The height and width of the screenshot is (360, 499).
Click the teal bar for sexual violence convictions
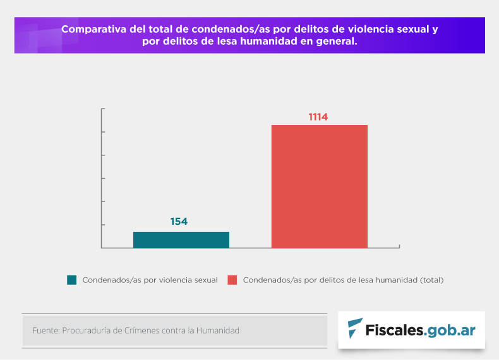(181, 239)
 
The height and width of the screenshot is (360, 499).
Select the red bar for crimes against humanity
(319, 186)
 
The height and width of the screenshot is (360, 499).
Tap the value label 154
(179, 222)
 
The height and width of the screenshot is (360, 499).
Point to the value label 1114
(318, 116)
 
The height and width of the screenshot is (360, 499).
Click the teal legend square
(72, 280)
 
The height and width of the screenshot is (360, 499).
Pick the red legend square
(232, 280)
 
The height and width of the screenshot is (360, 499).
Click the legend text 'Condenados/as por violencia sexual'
(150, 280)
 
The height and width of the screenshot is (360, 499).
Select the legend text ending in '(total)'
(343, 280)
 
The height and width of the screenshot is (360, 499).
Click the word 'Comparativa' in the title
(93, 30)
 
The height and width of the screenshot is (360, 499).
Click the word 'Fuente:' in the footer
(45, 330)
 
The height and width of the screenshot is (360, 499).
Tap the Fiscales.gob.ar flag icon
(355, 328)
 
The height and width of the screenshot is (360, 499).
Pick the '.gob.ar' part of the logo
(449, 329)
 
